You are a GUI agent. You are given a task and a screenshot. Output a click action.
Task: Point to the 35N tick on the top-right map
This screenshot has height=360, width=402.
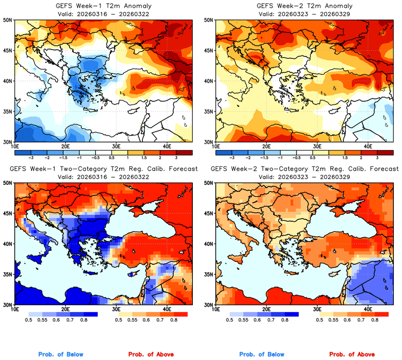coord(209,111)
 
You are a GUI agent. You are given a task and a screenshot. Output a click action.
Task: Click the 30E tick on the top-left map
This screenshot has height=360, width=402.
coord(116,145)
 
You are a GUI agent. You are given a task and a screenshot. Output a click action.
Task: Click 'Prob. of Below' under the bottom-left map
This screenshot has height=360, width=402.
coord(61,355)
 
